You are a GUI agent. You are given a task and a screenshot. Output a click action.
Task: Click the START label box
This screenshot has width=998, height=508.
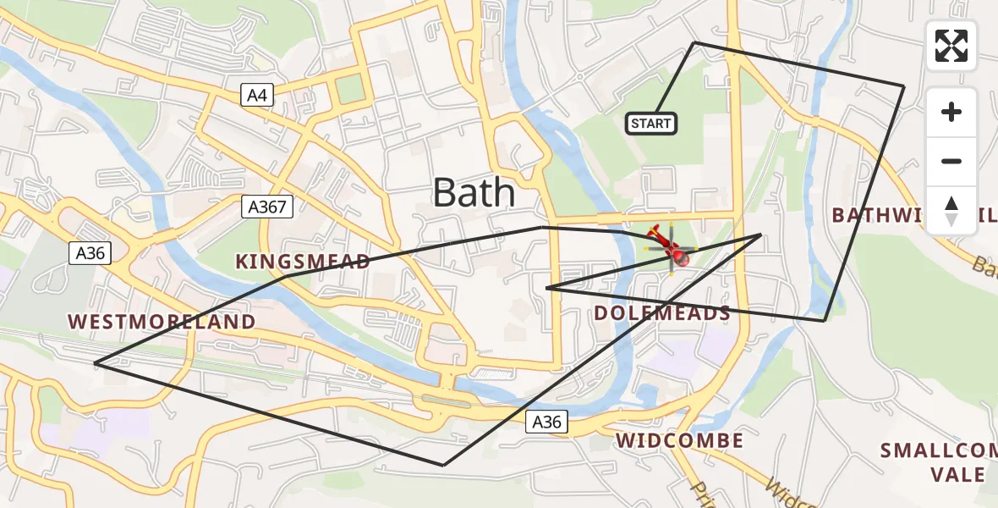(651, 124)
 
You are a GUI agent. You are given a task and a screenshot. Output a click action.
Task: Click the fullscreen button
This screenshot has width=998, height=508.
(951, 46)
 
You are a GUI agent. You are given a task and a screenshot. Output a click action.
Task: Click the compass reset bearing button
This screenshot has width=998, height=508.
(951, 210)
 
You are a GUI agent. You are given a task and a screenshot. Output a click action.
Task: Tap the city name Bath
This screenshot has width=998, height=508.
(474, 192)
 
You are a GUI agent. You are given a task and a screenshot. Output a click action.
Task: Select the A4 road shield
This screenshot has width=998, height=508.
(256, 96)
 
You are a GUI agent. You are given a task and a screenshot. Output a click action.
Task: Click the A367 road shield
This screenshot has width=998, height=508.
(266, 207)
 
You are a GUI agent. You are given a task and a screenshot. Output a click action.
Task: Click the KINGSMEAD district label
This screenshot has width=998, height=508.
(303, 262)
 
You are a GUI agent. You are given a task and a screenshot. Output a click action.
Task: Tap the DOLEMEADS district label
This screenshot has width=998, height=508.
(661, 313)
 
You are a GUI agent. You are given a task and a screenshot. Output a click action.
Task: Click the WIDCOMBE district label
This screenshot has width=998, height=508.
(680, 440)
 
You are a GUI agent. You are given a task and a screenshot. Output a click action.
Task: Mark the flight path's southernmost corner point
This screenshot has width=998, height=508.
(443, 465)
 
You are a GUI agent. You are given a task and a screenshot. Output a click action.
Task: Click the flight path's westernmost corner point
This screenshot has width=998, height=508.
(95, 363)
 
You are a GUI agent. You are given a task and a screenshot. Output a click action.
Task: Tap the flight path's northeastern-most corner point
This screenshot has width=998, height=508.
(903, 86)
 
